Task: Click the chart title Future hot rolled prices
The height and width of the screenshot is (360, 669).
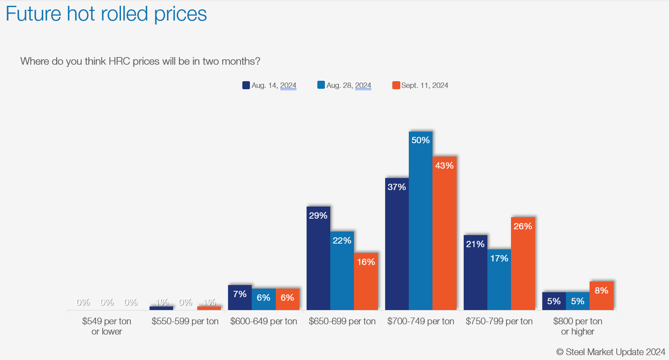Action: [x=106, y=14]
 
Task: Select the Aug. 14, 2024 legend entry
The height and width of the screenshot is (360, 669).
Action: [x=269, y=85]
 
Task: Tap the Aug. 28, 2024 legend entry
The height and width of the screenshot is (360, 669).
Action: [x=344, y=85]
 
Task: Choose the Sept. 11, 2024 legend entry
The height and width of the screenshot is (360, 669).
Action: [x=420, y=85]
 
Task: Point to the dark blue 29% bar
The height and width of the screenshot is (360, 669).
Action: [x=318, y=258]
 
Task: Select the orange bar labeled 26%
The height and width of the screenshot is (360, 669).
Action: [x=523, y=264]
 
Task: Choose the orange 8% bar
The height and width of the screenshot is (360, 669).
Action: [x=601, y=296]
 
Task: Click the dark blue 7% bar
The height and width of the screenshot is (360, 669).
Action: [x=240, y=298]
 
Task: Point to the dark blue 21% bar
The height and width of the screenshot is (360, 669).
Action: [x=475, y=273]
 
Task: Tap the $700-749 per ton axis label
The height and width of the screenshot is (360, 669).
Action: [x=420, y=321]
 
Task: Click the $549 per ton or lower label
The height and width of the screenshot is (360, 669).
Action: [x=107, y=326]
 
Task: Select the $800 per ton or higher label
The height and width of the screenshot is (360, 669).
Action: [x=578, y=326]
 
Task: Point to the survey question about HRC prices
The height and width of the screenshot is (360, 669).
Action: [x=140, y=61]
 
